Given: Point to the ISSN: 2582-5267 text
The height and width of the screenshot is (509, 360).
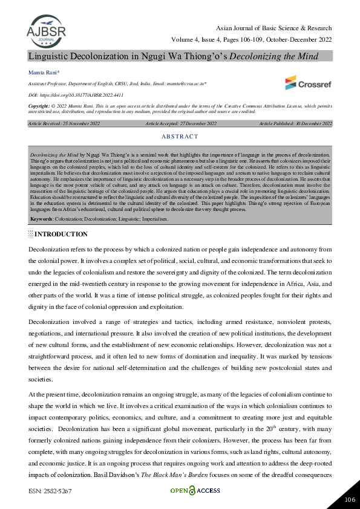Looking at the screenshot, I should (50, 493).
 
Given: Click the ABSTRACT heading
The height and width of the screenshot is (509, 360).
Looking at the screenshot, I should (180, 137).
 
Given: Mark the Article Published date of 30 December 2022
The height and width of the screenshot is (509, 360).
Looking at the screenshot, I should (295, 123).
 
